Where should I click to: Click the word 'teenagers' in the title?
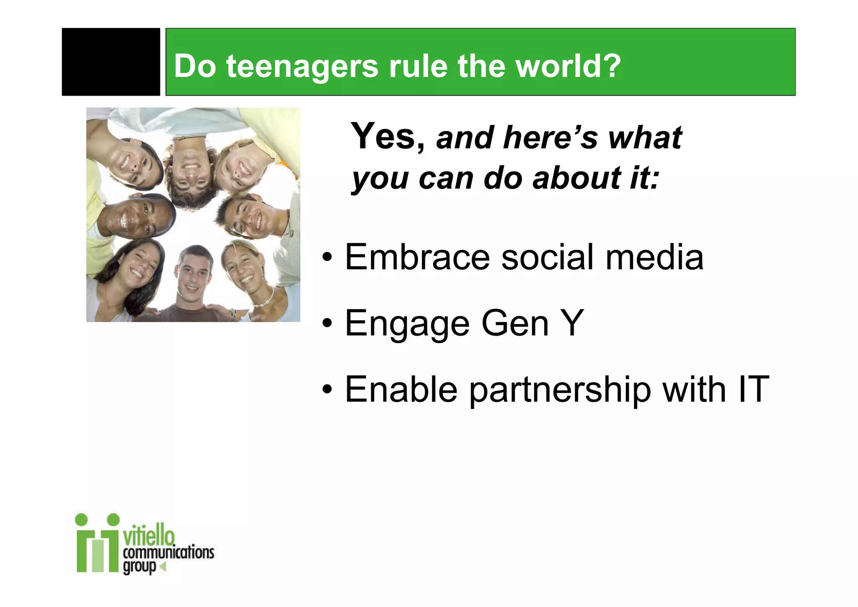click(302, 67)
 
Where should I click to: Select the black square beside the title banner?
click(111, 62)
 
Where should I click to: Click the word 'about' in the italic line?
click(576, 178)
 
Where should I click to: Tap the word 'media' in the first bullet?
click(654, 257)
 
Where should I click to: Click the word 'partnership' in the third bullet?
click(560, 390)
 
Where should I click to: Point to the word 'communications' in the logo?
click(168, 552)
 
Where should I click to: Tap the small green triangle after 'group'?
click(163, 567)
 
